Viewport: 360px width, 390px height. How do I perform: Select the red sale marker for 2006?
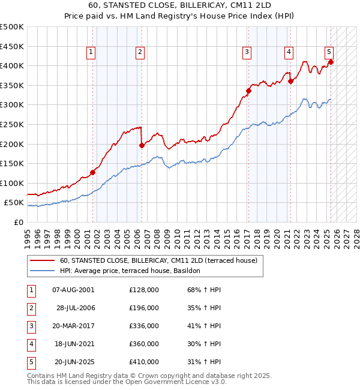(142, 145)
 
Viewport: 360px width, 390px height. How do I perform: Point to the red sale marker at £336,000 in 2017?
(248, 91)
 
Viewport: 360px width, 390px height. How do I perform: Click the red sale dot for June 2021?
(290, 81)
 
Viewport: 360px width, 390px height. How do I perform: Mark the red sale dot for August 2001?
(93, 172)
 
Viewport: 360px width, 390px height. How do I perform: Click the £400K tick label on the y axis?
(12, 65)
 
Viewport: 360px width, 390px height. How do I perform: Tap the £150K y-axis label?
(12, 163)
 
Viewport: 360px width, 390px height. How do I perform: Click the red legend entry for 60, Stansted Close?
(158, 260)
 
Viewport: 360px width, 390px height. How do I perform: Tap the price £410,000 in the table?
(144, 362)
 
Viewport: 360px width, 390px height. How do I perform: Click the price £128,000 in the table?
(144, 290)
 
